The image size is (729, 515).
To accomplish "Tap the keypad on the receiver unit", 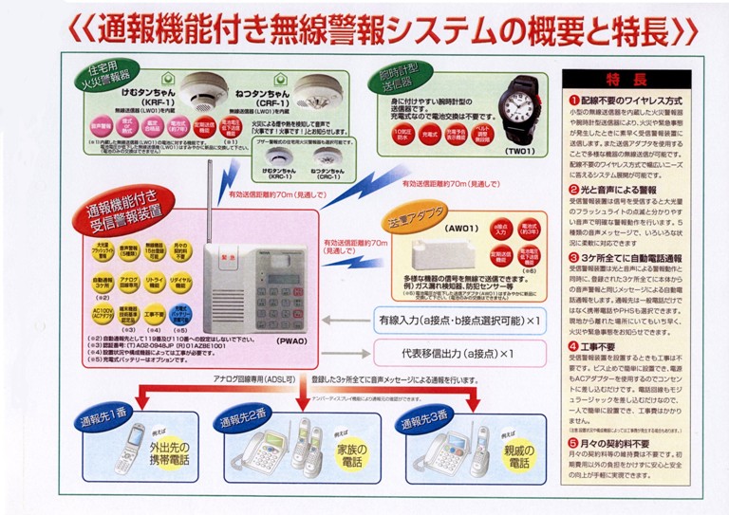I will click(x=248, y=306).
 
